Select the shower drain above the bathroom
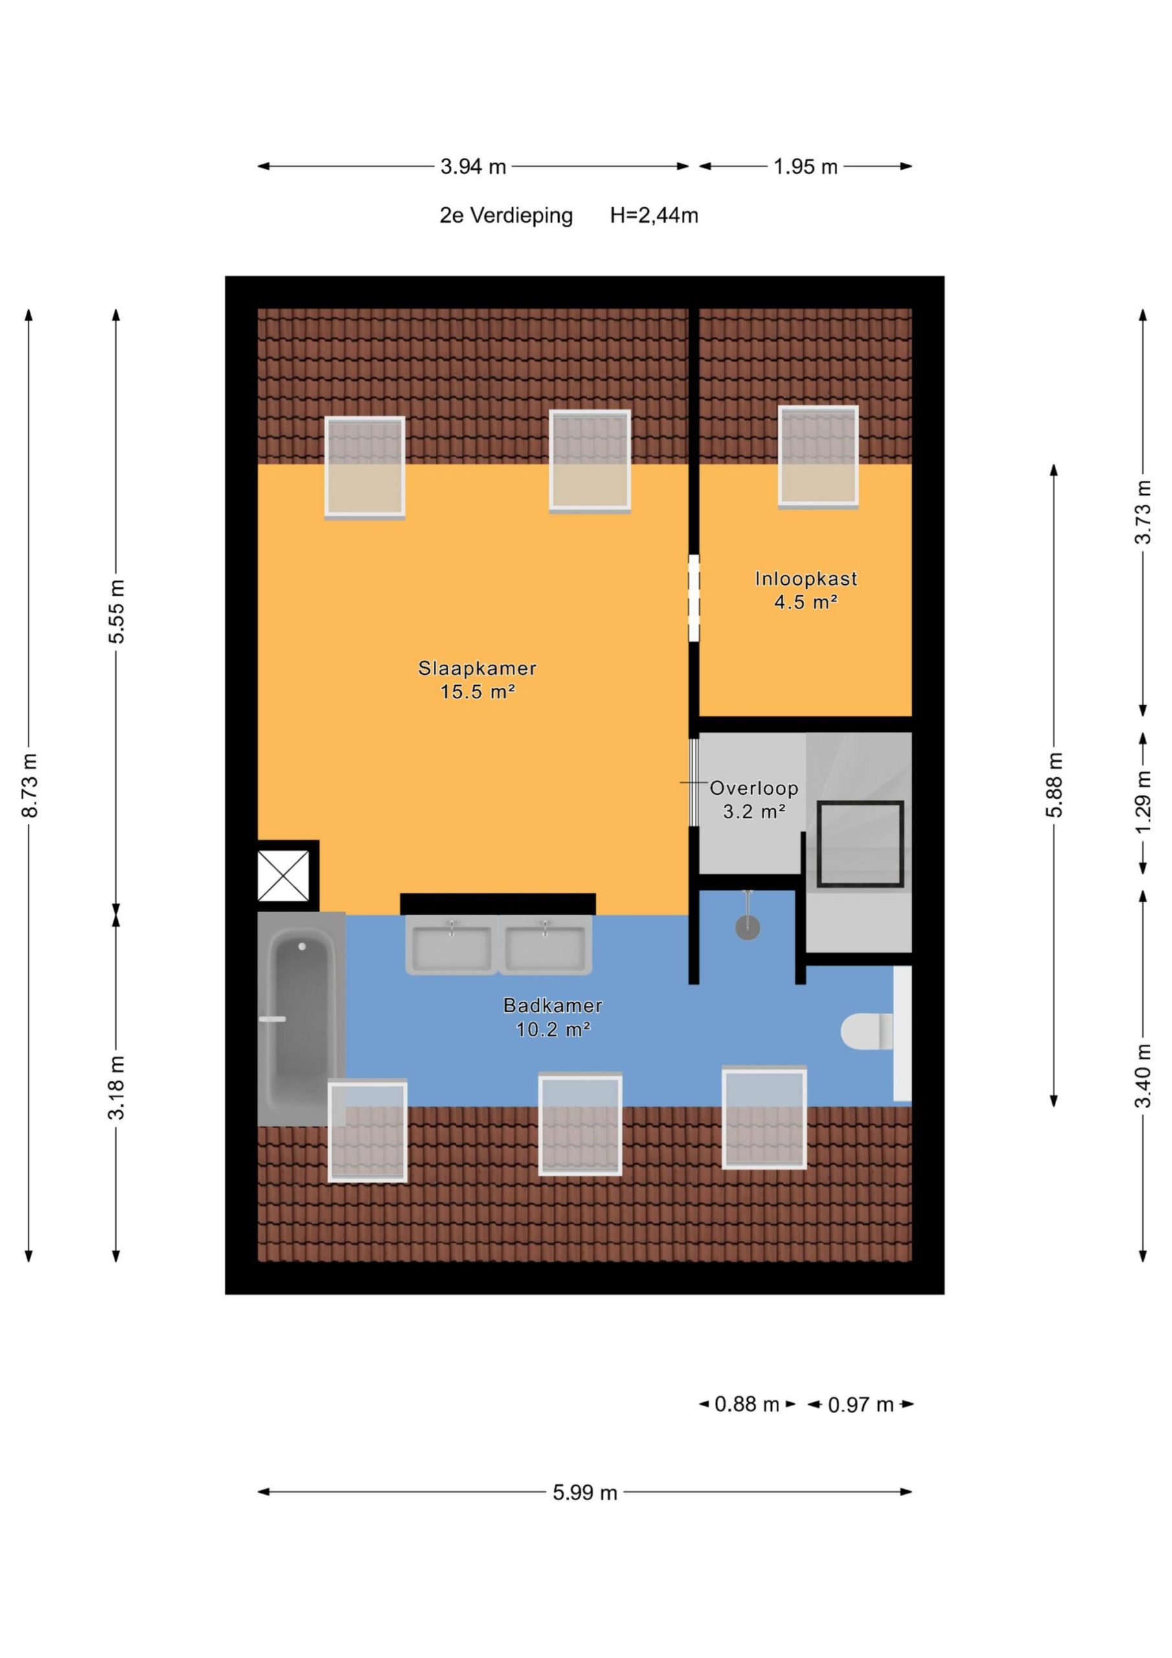point(747,928)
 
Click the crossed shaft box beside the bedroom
point(284,876)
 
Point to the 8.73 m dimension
point(30,785)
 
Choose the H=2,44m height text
point(653,215)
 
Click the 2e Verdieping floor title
point(506,215)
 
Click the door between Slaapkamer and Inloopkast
point(694,597)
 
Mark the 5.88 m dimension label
point(1054,785)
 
